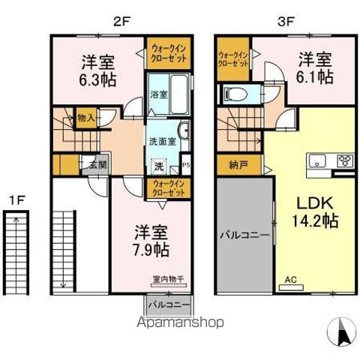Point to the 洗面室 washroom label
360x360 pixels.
161,140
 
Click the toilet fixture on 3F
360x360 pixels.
231,94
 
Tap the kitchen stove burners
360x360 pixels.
345,160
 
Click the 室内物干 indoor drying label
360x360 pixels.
168,280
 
